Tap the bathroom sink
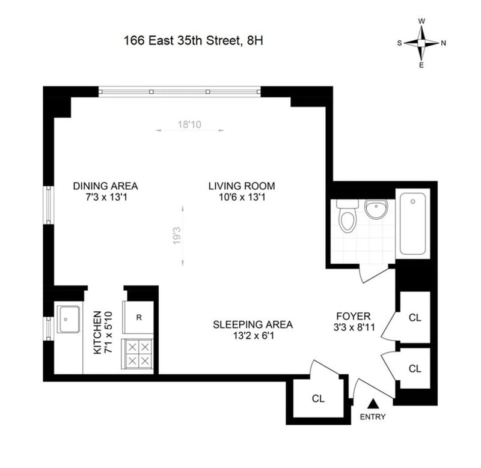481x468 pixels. (376, 209)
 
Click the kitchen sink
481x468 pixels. (69, 318)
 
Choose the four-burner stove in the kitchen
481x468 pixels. (138, 354)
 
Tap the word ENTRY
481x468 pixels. (373, 417)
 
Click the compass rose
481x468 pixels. (421, 43)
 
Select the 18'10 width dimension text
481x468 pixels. (189, 125)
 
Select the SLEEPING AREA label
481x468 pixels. (253, 324)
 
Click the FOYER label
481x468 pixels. (353, 316)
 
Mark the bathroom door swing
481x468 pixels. (373, 274)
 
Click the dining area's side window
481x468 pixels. (49, 205)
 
